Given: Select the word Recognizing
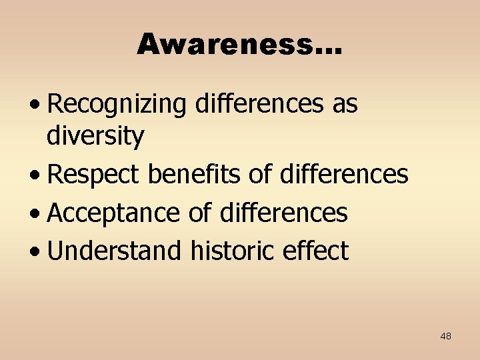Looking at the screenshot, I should click(x=117, y=105).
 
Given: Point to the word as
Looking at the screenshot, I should click(x=343, y=105).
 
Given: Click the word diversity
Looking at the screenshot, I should click(x=95, y=137).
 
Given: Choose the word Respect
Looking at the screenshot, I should click(x=94, y=175).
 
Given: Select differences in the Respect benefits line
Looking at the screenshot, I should click(x=344, y=175).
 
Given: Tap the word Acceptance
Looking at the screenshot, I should click(x=114, y=213).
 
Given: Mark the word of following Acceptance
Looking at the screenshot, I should click(x=200, y=213).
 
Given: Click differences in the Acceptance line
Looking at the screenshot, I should click(x=283, y=213).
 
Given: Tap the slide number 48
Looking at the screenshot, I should click(x=445, y=336).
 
